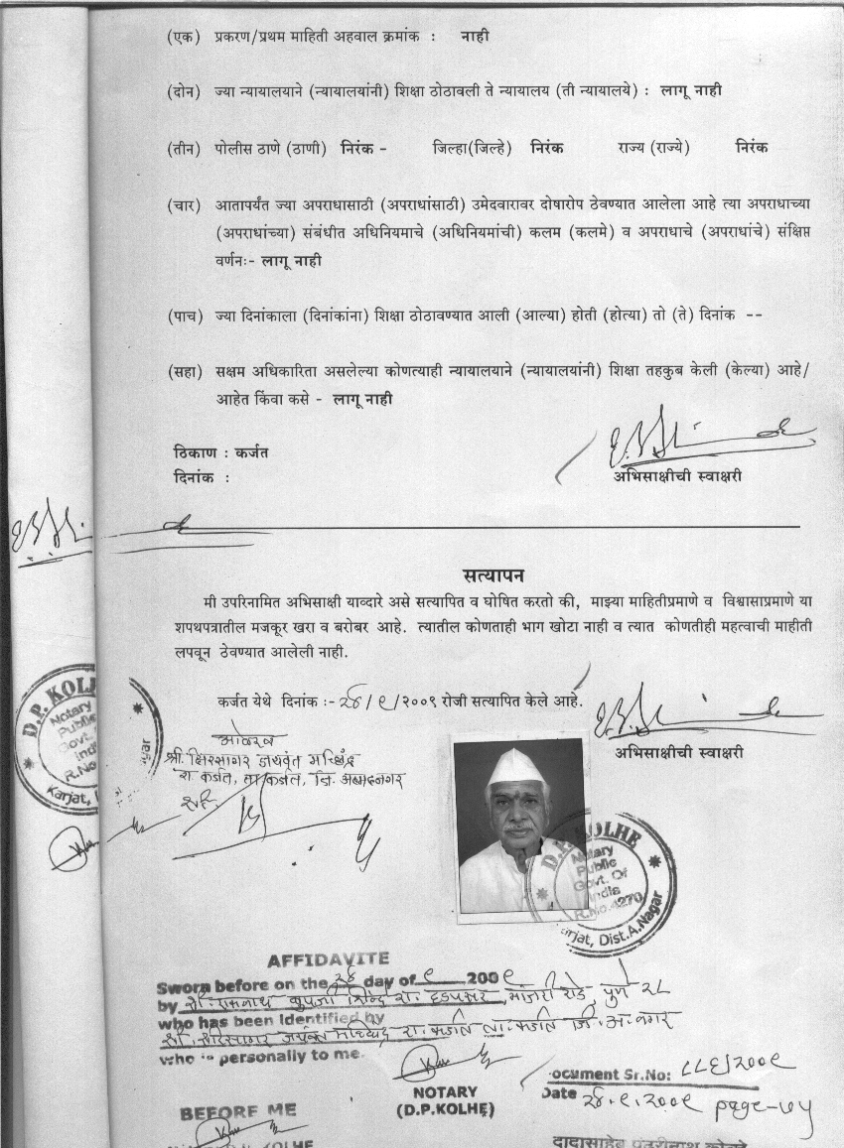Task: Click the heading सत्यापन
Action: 493,576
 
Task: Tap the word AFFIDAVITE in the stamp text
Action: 329,960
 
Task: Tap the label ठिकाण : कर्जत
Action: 220,452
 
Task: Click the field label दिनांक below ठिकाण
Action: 195,477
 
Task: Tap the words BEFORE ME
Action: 238,1112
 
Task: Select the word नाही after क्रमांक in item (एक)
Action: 475,37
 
